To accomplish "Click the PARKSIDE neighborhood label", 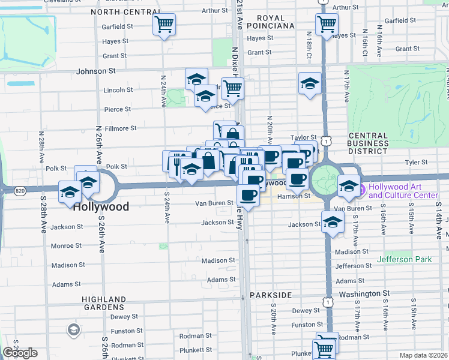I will click(x=269, y=295).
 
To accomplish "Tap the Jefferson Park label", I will click(x=405, y=259).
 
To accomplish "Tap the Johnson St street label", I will click(x=95, y=71).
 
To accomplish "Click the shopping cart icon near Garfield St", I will click(x=164, y=25).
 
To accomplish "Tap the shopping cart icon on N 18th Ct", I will click(x=327, y=25).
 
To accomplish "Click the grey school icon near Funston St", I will click(x=73, y=329).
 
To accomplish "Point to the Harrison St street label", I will click(x=294, y=196).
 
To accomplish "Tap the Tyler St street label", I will click(x=415, y=162).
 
